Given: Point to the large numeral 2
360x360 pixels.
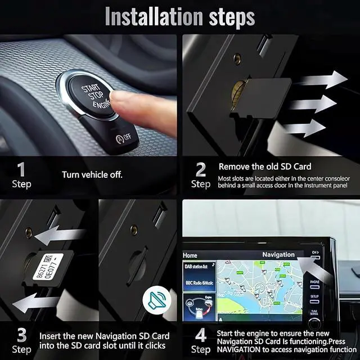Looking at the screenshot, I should pos(201,169).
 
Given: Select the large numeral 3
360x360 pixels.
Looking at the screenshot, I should pos(21,335).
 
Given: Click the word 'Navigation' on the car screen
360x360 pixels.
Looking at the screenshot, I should pos(278,255).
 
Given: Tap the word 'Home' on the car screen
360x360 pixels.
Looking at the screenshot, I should pos(190,255).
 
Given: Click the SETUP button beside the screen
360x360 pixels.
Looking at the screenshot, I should pos(314,295).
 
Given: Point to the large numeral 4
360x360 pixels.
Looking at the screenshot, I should pos(201,335).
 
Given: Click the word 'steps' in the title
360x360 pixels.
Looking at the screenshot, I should pos(225,17).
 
